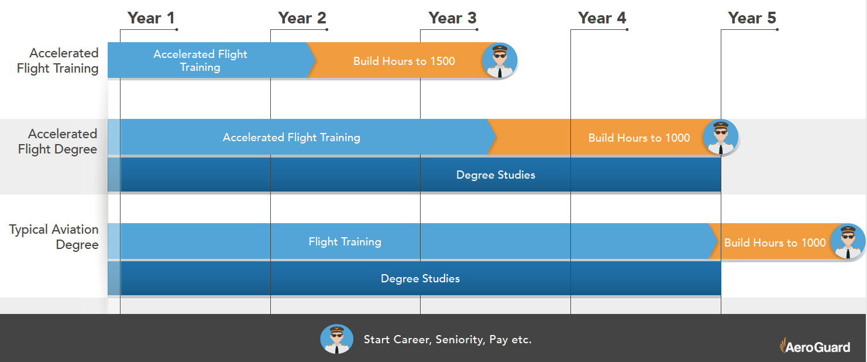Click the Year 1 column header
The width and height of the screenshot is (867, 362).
point(151,18)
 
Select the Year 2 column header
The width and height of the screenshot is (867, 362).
point(302,18)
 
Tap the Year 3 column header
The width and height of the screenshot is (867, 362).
point(452,18)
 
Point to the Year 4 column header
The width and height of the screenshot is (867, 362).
point(602,18)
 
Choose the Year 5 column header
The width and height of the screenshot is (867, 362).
point(752,18)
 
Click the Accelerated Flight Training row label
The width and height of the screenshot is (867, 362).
point(57,61)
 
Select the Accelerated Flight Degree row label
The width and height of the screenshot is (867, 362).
point(57,142)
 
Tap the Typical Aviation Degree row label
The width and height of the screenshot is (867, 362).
point(54,237)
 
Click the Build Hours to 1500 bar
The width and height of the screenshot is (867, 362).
point(404,61)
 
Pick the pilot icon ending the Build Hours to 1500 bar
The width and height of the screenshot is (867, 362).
point(500,61)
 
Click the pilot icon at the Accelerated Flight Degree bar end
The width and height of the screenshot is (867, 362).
point(720,138)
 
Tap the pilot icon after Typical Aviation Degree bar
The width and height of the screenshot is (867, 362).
point(848,241)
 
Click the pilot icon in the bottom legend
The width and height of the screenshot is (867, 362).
point(336,339)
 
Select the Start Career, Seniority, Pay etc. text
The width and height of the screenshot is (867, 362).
point(448,340)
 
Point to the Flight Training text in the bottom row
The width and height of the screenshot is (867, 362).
point(345,241)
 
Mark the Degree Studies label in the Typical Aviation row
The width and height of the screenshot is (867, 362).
point(420,279)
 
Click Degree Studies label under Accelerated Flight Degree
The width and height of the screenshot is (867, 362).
point(496,175)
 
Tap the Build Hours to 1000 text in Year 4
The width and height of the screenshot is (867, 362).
point(639,138)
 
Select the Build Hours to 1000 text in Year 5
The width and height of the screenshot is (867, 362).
point(775,243)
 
